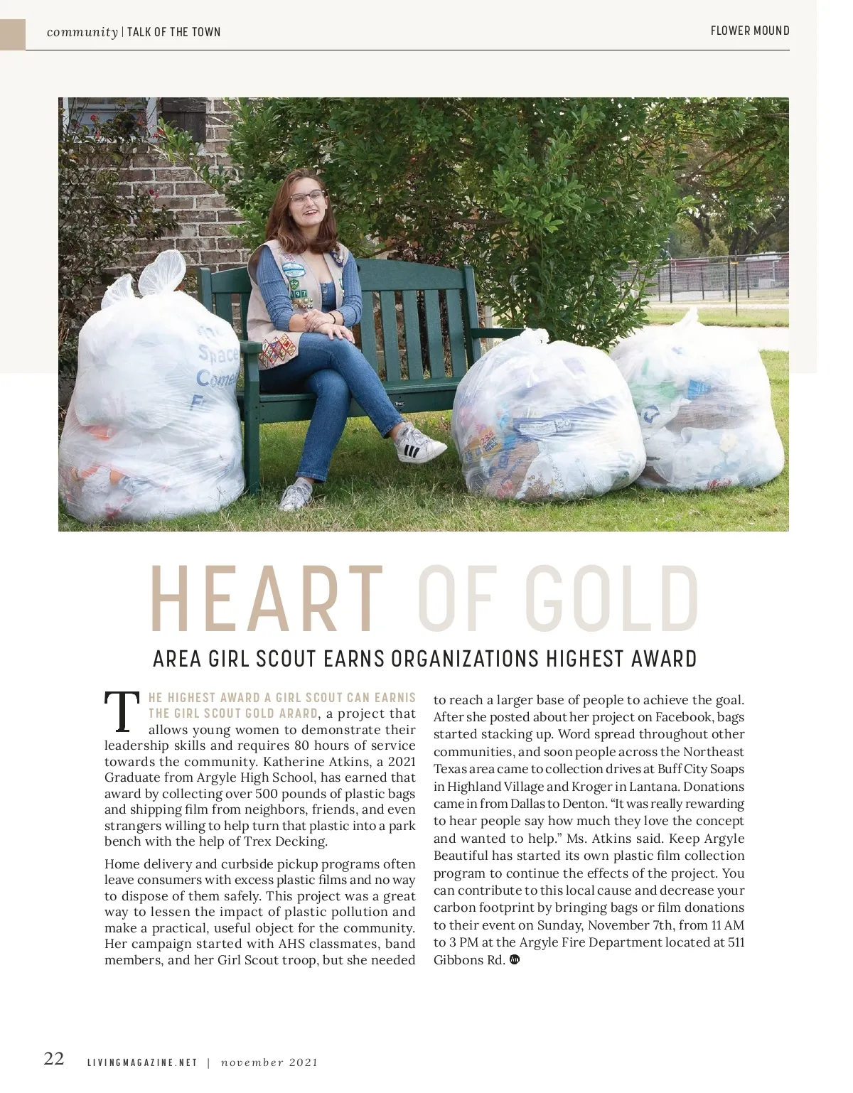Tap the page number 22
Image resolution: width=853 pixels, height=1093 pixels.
point(54,1059)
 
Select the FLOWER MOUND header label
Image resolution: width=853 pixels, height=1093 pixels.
point(750,31)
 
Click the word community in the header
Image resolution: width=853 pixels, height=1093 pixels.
point(82,32)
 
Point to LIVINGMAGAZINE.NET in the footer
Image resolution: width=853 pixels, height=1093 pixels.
point(142,1063)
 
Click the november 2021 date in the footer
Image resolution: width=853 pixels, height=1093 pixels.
point(269,1063)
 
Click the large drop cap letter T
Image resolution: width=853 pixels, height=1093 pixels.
point(122,711)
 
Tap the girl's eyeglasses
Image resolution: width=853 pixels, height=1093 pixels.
point(307,197)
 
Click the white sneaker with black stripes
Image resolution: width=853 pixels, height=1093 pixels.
point(420,443)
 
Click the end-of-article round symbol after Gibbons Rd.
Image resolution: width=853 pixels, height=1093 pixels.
point(515,959)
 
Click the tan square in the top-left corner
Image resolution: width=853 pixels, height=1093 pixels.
point(13,34)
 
